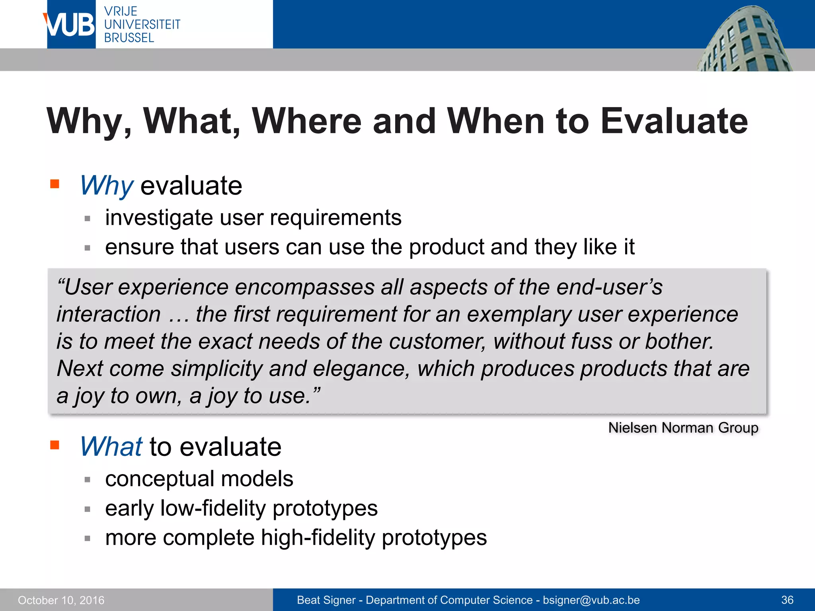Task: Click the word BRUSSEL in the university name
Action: tap(129, 38)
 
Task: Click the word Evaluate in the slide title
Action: tap(674, 121)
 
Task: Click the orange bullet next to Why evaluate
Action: tap(55, 184)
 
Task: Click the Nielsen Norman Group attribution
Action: tap(683, 428)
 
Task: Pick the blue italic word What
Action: tap(111, 446)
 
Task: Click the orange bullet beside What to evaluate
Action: tap(55, 445)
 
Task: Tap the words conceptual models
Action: tap(199, 479)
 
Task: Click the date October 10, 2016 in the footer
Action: tap(61, 600)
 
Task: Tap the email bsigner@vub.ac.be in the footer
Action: tap(591, 600)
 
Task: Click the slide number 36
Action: tap(787, 600)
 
